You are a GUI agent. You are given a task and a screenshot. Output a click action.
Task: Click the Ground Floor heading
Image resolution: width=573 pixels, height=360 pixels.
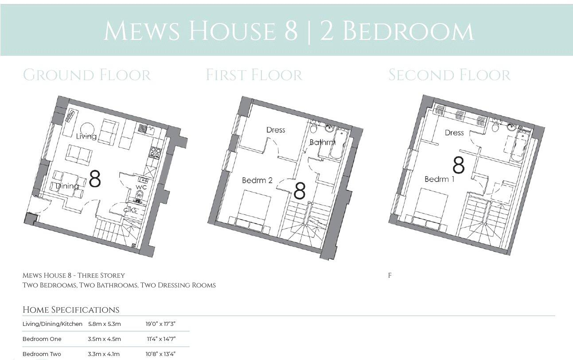[x=87, y=75]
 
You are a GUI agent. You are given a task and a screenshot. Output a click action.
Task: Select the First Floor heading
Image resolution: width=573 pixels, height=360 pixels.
[x=254, y=75]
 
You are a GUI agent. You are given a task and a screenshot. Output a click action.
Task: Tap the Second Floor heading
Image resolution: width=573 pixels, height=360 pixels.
[x=449, y=75]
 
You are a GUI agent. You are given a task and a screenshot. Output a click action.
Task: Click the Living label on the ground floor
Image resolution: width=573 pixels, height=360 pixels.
[x=86, y=136]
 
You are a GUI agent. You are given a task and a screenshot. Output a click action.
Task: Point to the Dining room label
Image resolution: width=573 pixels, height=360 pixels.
[x=67, y=186]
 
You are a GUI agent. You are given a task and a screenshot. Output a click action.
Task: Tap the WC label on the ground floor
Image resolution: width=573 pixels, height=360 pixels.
[x=141, y=187]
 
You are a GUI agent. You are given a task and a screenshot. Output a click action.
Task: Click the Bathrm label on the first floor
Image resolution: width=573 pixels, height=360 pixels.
[x=322, y=142]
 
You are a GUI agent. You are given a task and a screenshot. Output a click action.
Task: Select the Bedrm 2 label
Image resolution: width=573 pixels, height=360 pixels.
[x=257, y=180]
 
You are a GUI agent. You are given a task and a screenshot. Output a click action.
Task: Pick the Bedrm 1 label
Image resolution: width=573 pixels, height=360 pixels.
[x=439, y=179]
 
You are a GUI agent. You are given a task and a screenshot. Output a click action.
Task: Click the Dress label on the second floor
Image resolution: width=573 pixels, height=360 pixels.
[x=454, y=132]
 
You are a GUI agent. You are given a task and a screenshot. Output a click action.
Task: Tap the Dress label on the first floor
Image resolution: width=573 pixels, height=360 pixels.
[x=276, y=130]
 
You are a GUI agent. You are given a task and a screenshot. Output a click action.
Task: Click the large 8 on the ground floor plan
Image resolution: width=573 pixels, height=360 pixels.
[x=95, y=179]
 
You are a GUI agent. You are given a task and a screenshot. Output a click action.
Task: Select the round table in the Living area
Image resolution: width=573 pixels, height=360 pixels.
[x=86, y=127]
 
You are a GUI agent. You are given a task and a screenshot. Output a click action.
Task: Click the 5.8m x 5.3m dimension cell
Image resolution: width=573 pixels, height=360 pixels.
[x=104, y=324]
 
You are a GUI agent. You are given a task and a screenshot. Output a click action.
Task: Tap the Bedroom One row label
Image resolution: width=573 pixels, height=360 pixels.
[x=42, y=339]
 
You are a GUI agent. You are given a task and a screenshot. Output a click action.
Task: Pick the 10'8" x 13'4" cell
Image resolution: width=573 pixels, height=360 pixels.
[x=161, y=354]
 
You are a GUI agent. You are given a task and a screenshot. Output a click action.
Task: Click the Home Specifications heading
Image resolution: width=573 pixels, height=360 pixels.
[x=71, y=310]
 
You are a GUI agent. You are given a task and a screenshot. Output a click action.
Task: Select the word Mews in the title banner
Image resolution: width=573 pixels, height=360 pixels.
[x=141, y=31]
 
